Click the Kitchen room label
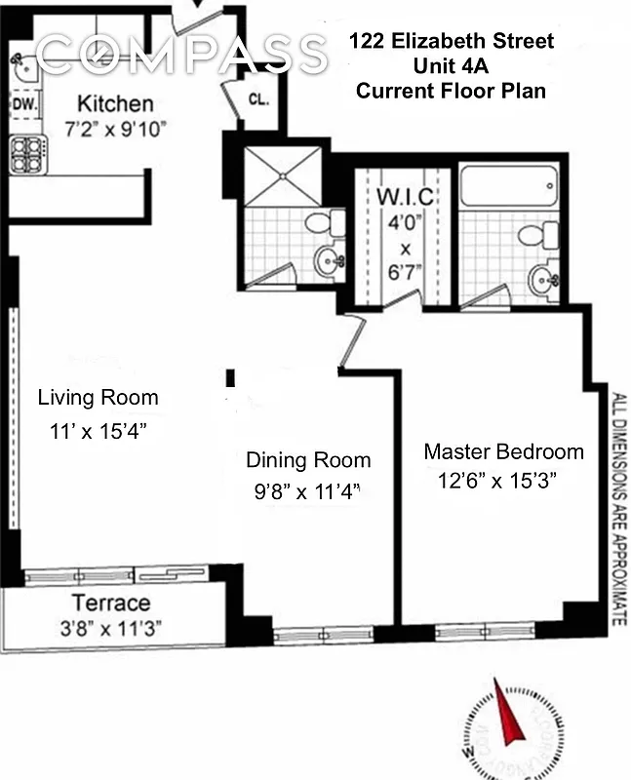coord(115,103)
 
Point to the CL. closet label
coord(258,98)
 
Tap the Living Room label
coord(98,398)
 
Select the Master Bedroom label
coord(503,451)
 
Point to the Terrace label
coord(110,603)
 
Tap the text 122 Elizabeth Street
coord(452,41)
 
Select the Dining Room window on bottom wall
coord(310,636)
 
